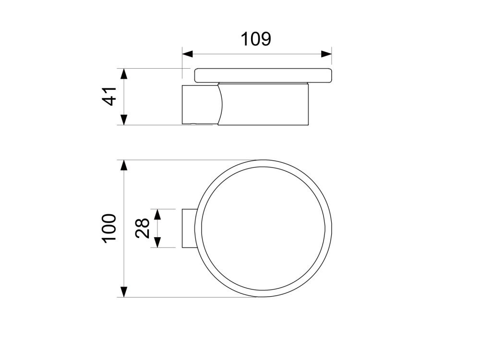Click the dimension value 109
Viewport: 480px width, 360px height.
tap(256, 39)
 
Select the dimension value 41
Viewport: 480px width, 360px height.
tap(109, 96)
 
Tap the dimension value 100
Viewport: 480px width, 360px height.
tap(109, 228)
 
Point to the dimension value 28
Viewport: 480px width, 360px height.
tap(143, 228)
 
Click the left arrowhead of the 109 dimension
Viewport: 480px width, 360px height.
tap(187, 54)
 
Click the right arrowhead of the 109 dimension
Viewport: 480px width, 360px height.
tap(326, 54)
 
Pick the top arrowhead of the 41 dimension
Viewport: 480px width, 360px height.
tap(123, 74)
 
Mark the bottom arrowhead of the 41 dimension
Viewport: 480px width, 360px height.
tap(123, 120)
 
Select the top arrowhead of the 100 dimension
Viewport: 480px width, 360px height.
tap(123, 165)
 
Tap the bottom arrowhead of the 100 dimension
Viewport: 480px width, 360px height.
tap(123, 292)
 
